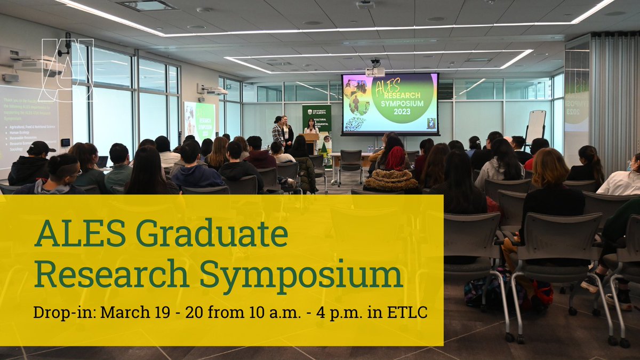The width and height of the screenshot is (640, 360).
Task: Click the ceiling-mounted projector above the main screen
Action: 375,69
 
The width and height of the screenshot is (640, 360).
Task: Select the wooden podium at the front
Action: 311,143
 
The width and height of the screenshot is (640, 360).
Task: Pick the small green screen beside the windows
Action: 199,121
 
